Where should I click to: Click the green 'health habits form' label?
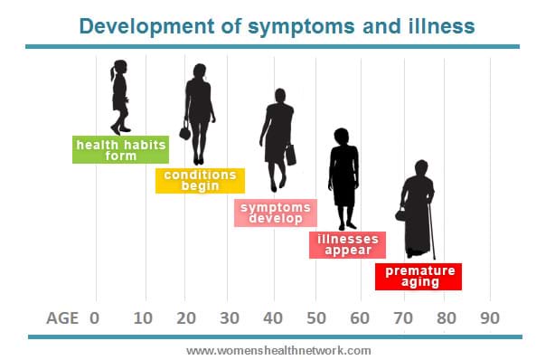point(107,149)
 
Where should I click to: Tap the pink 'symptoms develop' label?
point(276,213)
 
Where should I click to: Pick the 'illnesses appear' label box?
point(348,245)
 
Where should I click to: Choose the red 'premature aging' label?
point(419,277)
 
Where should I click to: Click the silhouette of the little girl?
point(118,97)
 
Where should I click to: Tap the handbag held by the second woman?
point(185,132)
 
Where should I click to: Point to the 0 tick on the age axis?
point(95,318)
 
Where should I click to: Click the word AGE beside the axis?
point(63,318)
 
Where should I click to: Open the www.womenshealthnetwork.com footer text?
point(277,350)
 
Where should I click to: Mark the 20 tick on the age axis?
point(185,318)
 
